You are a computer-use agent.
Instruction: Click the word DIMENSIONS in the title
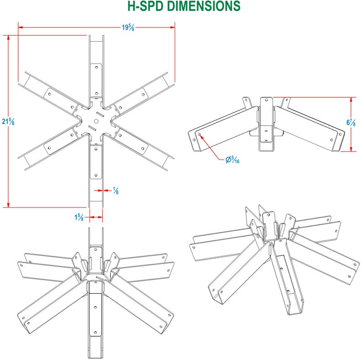tap(203, 6)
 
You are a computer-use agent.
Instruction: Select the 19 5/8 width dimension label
tap(128, 27)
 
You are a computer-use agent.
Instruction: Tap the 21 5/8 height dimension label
tap(8, 122)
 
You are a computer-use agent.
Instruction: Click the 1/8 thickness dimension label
tap(115, 191)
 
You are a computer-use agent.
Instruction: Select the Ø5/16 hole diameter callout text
tap(232, 160)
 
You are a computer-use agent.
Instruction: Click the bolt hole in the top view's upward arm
tap(96, 67)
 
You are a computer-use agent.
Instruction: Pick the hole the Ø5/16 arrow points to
tap(200, 134)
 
